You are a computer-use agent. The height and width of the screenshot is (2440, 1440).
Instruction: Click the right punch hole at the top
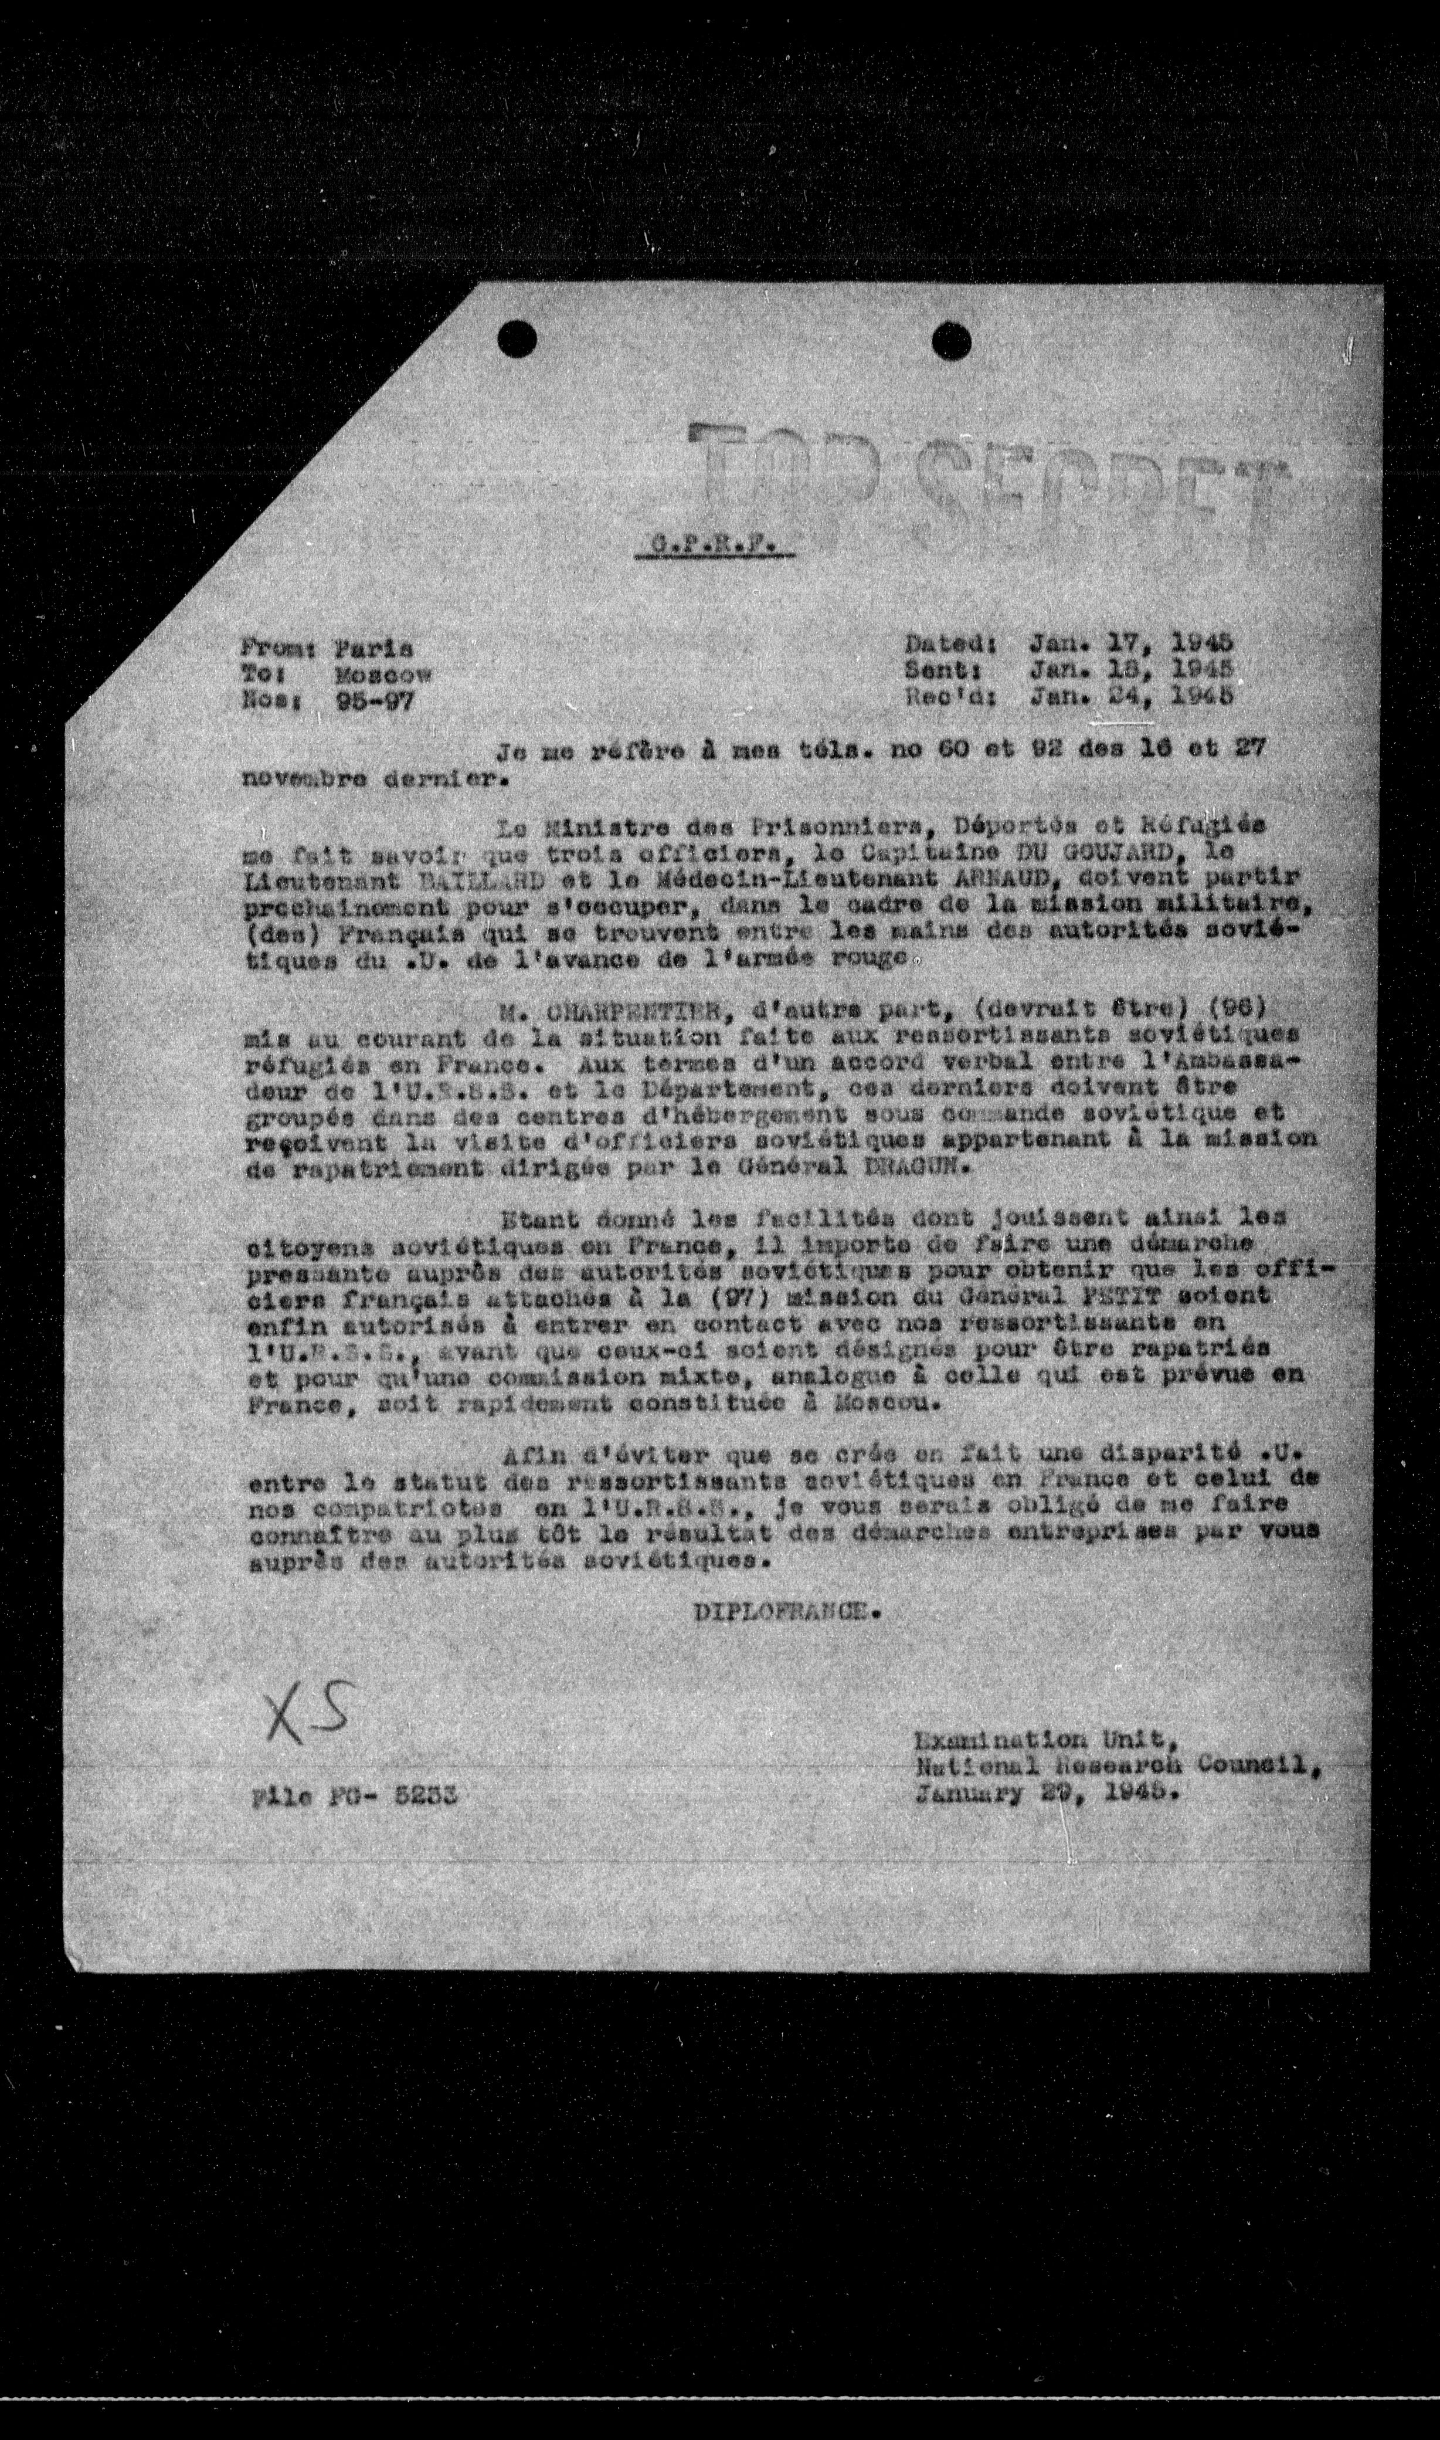[951, 341]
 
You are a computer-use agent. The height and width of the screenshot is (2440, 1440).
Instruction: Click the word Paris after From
[373, 648]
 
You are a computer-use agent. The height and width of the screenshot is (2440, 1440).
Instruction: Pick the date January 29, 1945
[1044, 1795]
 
